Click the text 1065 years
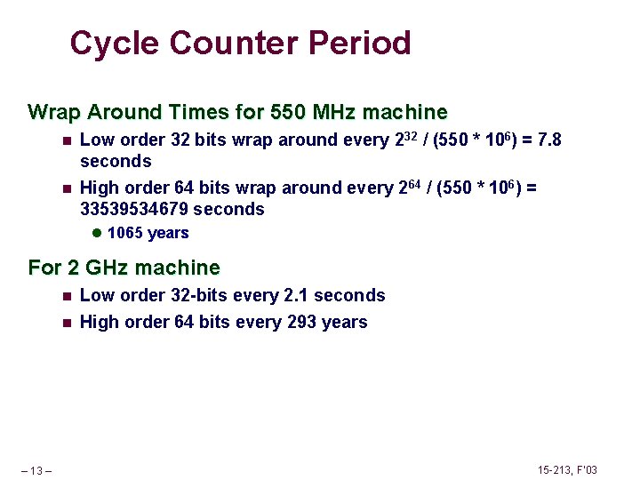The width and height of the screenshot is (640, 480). point(148,233)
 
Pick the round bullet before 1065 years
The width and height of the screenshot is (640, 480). point(97,233)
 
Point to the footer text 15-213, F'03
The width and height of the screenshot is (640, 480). point(567,469)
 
